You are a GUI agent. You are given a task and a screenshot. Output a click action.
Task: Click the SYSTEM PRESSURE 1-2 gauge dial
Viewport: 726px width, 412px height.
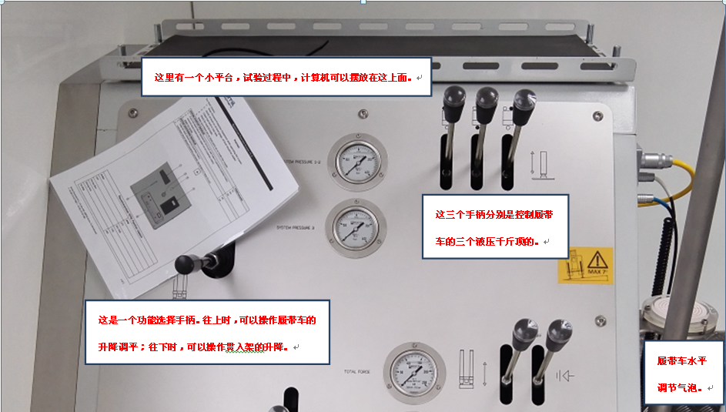pyautogui.click(x=358, y=162)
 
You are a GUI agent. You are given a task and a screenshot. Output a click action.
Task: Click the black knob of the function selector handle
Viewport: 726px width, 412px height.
pyautogui.click(x=185, y=264)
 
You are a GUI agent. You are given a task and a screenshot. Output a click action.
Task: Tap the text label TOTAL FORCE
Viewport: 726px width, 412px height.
pyautogui.click(x=358, y=372)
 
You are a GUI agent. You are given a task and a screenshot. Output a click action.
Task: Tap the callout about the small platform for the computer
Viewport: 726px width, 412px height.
pyautogui.click(x=285, y=77)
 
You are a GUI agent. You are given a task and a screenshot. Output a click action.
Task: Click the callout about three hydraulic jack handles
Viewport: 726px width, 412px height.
pyautogui.click(x=495, y=226)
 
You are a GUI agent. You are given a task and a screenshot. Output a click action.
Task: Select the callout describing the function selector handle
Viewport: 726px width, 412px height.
pyautogui.click(x=206, y=332)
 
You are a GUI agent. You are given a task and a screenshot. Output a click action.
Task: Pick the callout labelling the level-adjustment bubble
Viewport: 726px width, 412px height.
pyautogui.click(x=681, y=373)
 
